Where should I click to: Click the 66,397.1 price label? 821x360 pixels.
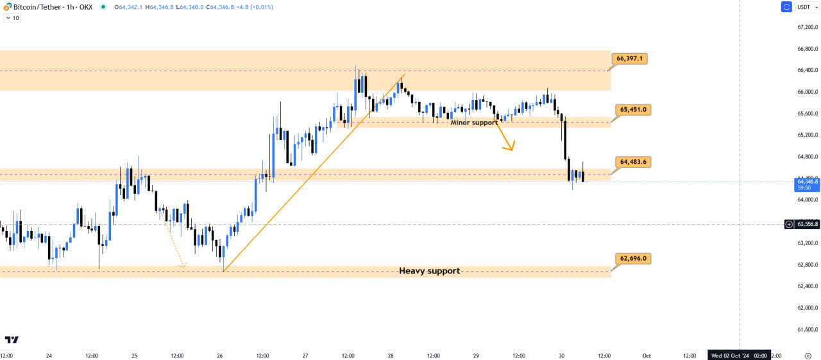(x=632, y=58)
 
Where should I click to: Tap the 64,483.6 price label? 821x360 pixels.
(x=632, y=162)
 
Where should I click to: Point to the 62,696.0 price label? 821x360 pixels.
(x=632, y=259)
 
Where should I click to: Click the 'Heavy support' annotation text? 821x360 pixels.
(x=429, y=271)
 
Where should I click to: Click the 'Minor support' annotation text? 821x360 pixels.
(x=473, y=122)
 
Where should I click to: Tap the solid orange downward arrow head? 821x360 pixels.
(x=511, y=148)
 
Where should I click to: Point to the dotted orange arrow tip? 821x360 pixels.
(x=183, y=266)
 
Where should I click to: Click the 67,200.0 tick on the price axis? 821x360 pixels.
(x=806, y=27)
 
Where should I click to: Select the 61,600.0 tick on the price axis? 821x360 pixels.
(x=806, y=329)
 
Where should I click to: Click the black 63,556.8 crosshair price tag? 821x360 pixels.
(x=807, y=224)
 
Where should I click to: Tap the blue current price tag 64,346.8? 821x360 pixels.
(x=806, y=184)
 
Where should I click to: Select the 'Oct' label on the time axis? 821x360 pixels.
(x=647, y=355)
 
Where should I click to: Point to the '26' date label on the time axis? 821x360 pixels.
(x=220, y=355)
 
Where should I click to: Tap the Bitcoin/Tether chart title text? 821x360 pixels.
(x=53, y=7)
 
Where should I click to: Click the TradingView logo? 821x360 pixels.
(x=12, y=339)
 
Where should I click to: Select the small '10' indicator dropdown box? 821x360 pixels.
(x=12, y=18)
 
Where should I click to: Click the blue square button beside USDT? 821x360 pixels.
(x=786, y=7)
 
